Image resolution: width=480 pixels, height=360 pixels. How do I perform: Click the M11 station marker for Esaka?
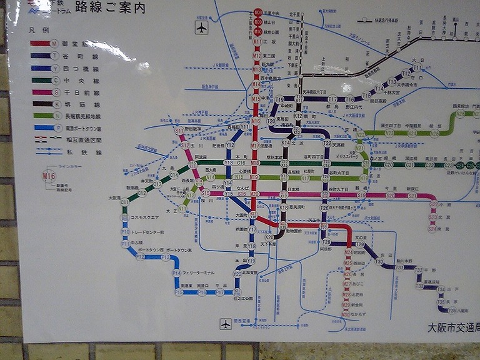coord(257,42)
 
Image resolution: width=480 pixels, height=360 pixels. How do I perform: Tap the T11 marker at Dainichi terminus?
coord(417,67)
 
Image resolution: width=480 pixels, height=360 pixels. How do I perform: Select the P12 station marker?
coord(140,256)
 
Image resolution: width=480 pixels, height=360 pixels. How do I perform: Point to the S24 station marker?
coord(432,229)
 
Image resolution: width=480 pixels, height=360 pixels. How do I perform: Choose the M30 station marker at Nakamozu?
coord(346,314)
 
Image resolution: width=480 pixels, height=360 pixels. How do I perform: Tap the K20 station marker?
coord(269,237)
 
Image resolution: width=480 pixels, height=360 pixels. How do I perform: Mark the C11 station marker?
coord(124,202)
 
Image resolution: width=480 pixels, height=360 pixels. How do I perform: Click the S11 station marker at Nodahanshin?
coord(179,132)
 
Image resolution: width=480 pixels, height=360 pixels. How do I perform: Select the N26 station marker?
coord(461,114)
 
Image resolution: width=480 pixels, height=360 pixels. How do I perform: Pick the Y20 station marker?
coord(237,274)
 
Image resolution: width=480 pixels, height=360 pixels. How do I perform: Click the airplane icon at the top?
coord(201,27)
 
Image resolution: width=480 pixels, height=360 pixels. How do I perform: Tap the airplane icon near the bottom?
coord(226,324)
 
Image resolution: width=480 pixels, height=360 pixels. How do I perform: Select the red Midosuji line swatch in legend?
coord(40,44)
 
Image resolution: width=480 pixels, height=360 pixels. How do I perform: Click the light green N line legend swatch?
coord(40,116)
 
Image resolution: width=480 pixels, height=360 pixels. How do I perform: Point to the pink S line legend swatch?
coord(40,92)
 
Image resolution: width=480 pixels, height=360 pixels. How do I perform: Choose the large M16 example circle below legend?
coord(49,177)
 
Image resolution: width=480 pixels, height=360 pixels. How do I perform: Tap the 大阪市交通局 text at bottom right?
coord(453,327)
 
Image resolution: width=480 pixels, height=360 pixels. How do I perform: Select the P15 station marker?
coord(179,292)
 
